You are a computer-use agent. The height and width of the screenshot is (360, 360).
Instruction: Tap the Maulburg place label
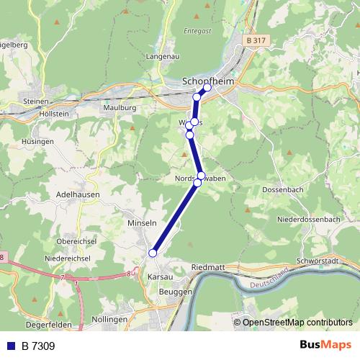click(x=120, y=107)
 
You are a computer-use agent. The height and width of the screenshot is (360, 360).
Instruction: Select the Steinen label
click(x=35, y=102)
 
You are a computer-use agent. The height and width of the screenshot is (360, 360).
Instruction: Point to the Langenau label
click(x=163, y=55)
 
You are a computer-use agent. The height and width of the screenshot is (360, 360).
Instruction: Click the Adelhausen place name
click(x=77, y=194)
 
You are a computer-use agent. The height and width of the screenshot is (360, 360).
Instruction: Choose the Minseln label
click(x=141, y=223)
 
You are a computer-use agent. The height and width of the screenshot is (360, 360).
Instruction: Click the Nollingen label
click(x=110, y=319)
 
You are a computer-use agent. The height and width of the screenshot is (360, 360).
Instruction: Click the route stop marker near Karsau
click(x=153, y=253)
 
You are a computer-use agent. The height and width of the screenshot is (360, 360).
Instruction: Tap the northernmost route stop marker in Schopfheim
click(x=207, y=88)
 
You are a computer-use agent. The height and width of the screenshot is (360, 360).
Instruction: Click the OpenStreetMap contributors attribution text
click(x=297, y=322)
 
